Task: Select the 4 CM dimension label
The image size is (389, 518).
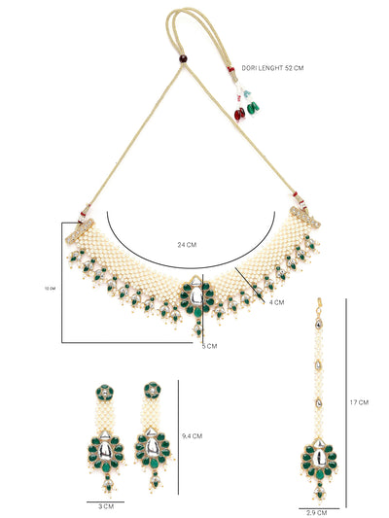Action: pos(278,303)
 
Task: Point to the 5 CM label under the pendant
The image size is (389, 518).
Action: pos(209,345)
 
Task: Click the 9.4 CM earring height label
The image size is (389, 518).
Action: pos(192,436)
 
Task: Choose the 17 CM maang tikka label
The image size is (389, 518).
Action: pos(358,401)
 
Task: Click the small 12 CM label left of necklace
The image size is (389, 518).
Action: pos(50,288)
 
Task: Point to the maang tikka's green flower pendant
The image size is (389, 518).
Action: pos(317,454)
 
